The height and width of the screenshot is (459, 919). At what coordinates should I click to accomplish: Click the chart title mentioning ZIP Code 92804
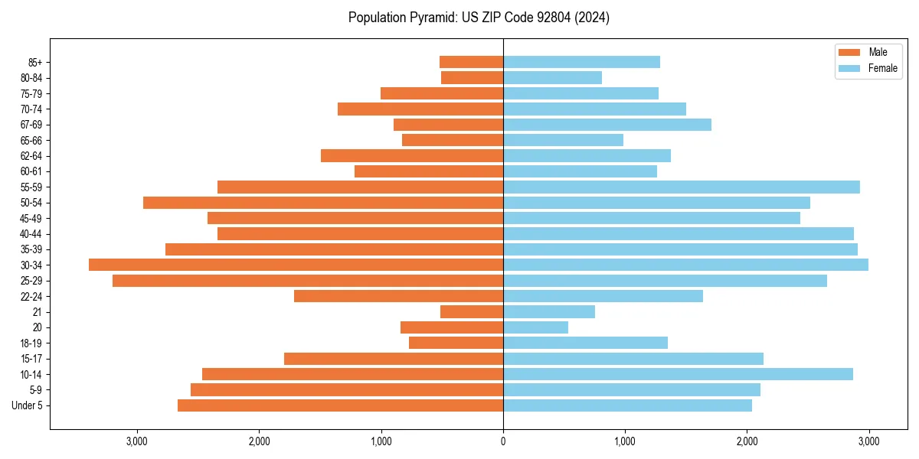[479, 18]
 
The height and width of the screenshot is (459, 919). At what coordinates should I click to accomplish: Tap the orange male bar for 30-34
[296, 265]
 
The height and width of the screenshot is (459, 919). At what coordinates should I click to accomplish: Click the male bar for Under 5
[340, 405]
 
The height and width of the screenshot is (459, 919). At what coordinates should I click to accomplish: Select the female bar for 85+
[581, 62]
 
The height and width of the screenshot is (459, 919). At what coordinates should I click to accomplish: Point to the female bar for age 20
[535, 327]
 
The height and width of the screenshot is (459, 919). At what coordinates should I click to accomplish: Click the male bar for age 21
[472, 311]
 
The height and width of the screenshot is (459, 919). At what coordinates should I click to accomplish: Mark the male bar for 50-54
[323, 203]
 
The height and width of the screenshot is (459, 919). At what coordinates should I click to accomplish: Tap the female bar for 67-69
[607, 125]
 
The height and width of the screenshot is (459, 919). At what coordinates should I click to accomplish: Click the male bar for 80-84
[472, 77]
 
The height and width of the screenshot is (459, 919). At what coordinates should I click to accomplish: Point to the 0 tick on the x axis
[503, 441]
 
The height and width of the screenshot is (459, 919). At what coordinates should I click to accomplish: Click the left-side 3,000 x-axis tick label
[137, 441]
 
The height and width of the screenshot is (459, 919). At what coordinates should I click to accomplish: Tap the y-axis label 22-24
[31, 296]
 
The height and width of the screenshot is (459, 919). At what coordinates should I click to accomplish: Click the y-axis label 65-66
[31, 140]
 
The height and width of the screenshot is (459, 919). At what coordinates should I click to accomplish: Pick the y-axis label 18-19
[31, 343]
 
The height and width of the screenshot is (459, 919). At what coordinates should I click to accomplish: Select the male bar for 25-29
[308, 281]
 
